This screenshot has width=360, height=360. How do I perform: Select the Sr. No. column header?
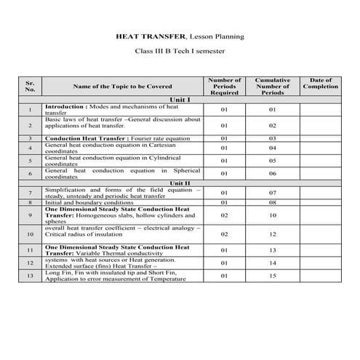click(x=30, y=85)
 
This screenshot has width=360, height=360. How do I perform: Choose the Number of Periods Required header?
click(x=224, y=86)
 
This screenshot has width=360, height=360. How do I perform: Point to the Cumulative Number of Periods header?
click(x=272, y=86)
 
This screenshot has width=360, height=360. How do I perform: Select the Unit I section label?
click(x=179, y=99)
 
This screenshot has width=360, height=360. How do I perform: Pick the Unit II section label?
click(x=179, y=183)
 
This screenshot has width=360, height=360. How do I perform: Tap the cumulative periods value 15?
click(x=272, y=276)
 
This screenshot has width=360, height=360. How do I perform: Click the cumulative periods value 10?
click(x=272, y=215)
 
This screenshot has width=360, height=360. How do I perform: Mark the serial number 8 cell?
click(x=30, y=202)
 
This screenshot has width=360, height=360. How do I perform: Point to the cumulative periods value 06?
click(x=272, y=173)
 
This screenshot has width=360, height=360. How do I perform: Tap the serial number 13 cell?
click(x=30, y=276)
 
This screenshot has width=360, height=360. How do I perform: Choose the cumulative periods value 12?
click(x=272, y=233)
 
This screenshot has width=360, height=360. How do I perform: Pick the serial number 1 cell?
click(x=30, y=110)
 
